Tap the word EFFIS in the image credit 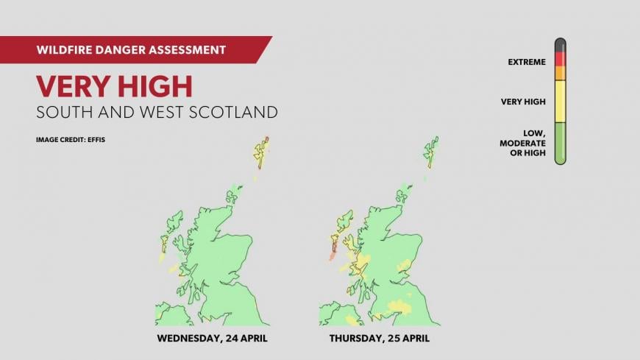pos(96,139)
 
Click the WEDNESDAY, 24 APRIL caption pos(212,339)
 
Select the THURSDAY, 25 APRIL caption pos(380,339)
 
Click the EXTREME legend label pos(527,62)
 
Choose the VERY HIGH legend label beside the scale pos(523,102)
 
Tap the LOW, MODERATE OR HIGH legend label pos(523,142)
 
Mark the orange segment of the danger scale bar pos(560,73)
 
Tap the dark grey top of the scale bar pos(560,44)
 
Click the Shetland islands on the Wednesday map pos(260,152)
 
